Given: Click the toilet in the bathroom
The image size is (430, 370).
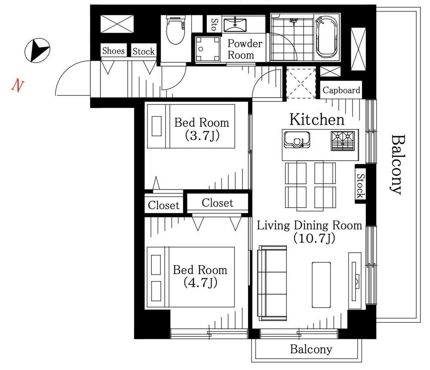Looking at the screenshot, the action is (175, 30).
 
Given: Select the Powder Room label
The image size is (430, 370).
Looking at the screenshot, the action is (245, 49).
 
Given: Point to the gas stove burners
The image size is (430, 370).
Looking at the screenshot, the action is (343, 141).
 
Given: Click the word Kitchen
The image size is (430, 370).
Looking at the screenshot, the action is (317, 119).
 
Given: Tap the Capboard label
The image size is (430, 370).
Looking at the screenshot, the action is (341, 90).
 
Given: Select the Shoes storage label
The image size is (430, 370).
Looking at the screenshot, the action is (113, 51).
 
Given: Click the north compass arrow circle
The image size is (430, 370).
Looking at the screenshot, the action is (37, 50).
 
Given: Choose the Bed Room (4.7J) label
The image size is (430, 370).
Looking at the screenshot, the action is (200, 276).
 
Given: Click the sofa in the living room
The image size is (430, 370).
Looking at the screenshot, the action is (272, 283).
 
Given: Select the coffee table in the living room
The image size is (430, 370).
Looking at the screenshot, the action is (321, 285).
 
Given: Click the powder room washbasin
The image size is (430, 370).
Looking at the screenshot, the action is (235, 24).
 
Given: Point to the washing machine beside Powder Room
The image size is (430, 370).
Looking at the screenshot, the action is (208, 49).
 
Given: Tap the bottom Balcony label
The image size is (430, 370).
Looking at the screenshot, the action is (311, 349).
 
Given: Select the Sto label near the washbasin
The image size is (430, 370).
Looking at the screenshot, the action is (215, 24).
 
